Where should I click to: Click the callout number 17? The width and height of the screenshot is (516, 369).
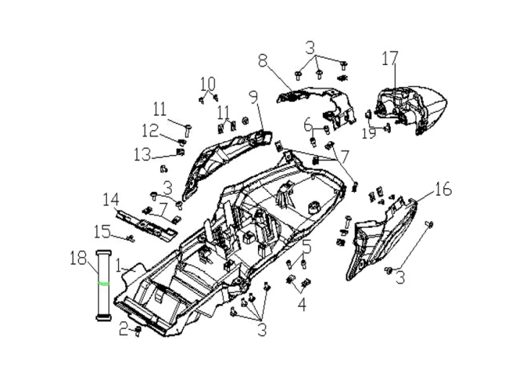coord(390,58)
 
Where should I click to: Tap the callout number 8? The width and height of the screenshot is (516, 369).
coord(262,61)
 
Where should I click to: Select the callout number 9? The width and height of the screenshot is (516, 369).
coord(254,97)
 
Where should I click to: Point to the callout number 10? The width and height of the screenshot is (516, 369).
coord(208,83)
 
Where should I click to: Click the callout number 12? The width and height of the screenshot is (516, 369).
coord(150,131)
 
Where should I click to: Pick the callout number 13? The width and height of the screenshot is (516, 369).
coord(142,154)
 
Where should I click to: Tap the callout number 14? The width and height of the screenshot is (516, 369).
coord(111,200)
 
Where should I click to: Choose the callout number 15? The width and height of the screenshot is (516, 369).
coord(102,231)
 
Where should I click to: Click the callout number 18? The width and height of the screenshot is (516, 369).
coord(78,258)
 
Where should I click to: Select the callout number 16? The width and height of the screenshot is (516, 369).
coord(443,190)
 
